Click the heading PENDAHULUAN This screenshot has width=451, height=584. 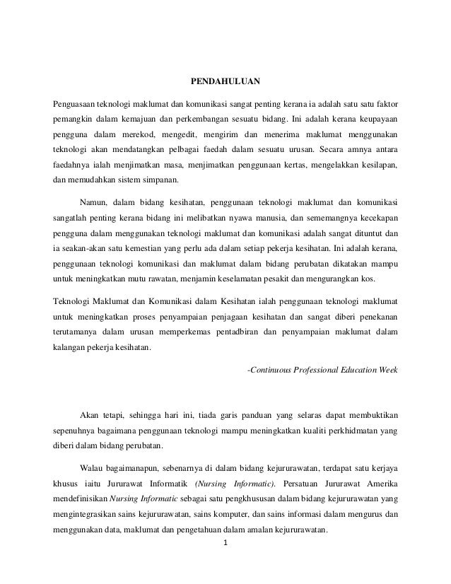(225, 79)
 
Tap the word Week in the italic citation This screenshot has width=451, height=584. (388, 370)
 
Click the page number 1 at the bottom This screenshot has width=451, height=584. (224, 544)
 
